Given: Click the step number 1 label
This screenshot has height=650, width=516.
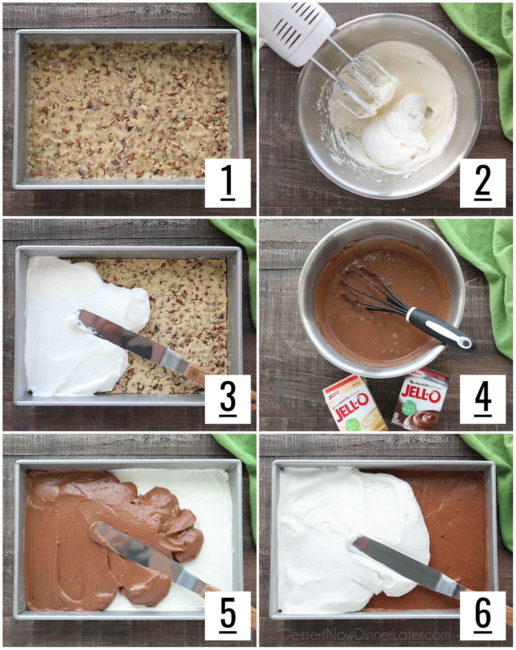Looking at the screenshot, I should pyautogui.click(x=227, y=183).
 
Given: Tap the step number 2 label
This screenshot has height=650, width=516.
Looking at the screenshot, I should pyautogui.click(x=482, y=183).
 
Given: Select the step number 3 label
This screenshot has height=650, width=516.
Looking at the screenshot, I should pyautogui.click(x=227, y=399).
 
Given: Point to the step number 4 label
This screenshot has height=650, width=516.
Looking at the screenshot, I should pyautogui.click(x=482, y=399).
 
